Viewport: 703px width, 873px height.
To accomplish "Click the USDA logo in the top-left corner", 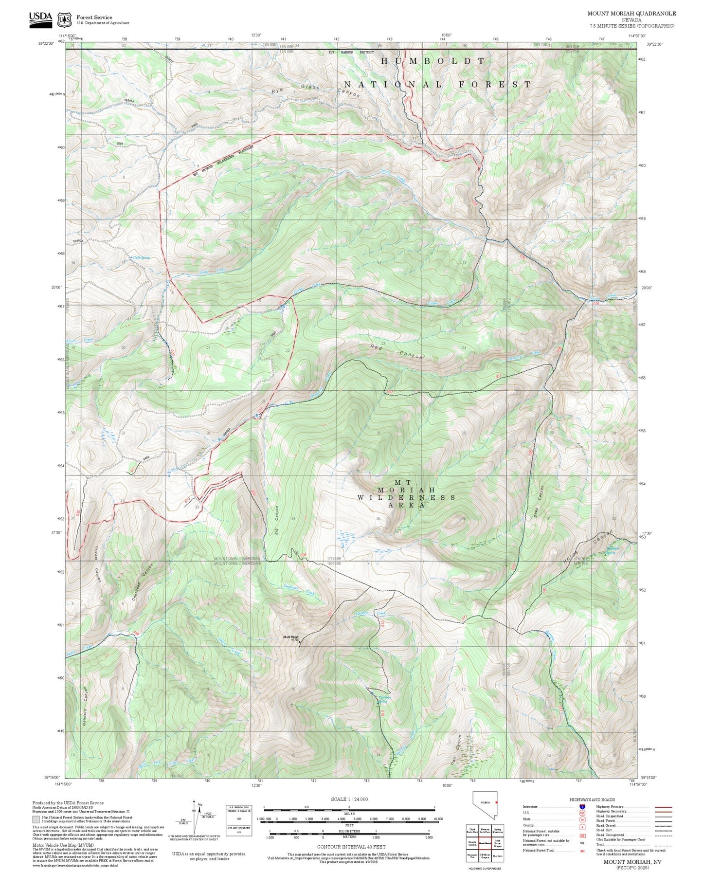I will [x=40, y=18].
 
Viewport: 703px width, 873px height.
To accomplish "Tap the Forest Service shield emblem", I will [x=64, y=20].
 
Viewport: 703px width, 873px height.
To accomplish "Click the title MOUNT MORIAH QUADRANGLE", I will [x=631, y=13].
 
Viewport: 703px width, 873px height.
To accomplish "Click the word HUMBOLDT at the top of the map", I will [x=433, y=61].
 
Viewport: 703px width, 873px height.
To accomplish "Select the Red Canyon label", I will [x=396, y=351].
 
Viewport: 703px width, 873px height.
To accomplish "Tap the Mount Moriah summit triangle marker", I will [x=300, y=642].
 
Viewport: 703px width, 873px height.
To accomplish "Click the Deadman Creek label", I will [x=299, y=590].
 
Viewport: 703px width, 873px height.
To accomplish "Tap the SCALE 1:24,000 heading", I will [x=349, y=800].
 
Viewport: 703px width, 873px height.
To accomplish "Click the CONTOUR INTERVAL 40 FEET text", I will [x=349, y=847].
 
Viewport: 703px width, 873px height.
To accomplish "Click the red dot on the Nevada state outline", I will [x=496, y=801].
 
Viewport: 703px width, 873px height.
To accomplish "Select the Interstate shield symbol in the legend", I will [x=582, y=807].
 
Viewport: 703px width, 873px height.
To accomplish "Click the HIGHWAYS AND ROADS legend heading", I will [x=592, y=800].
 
